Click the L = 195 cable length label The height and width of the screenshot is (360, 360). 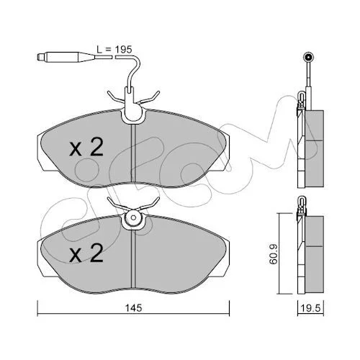click(114, 50)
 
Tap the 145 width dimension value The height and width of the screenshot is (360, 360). click(134, 308)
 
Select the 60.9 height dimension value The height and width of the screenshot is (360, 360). click(273, 253)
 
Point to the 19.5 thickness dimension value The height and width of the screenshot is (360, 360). click(310, 308)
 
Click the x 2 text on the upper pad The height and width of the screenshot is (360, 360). click(86, 147)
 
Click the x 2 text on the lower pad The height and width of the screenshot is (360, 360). click(86, 253)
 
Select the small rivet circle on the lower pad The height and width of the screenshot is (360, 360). click(134, 217)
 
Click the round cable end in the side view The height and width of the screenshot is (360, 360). click(308, 57)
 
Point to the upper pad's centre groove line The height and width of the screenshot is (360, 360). click(133, 153)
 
